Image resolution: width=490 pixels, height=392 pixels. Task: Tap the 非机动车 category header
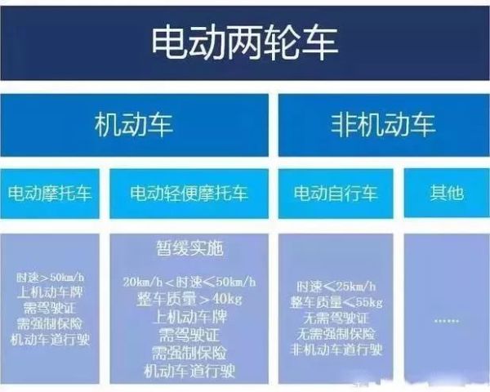[383, 124]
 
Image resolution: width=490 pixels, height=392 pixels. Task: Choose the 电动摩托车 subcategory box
[51, 194]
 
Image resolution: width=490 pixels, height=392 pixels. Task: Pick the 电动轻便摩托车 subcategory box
[189, 194]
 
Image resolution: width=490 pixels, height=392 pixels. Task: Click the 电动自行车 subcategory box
[336, 194]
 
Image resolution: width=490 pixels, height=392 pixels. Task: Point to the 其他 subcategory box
[446, 194]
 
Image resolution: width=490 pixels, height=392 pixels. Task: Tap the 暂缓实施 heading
[189, 247]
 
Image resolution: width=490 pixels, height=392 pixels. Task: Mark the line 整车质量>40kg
[189, 300]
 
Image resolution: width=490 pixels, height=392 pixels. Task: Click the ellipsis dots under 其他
[446, 322]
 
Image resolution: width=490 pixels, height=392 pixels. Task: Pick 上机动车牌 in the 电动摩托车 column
[51, 292]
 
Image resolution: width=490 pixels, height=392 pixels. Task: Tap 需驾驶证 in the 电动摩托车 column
[51, 307]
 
